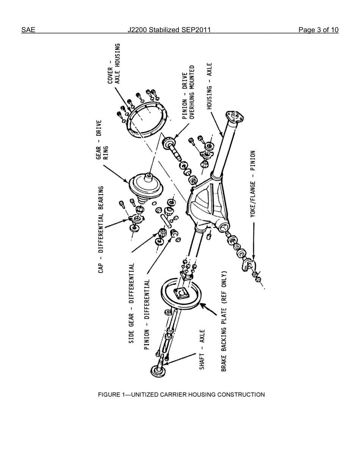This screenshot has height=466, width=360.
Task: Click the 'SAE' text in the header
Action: [28, 30]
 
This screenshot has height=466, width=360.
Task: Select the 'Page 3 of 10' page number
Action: [318, 30]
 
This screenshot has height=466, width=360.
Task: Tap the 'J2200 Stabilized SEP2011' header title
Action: [169, 30]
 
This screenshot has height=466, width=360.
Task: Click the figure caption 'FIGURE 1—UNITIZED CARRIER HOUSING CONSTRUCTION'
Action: [181, 394]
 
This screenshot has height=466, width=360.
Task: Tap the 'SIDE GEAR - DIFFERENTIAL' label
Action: [131, 303]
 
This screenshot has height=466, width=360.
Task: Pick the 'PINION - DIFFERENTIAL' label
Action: [147, 315]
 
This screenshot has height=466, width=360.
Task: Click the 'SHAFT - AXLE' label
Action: [202, 349]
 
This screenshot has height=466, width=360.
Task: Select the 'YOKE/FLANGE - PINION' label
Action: [253, 184]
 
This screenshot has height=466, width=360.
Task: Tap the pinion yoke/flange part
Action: [248, 265]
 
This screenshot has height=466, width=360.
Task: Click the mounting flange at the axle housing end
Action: [234, 116]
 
